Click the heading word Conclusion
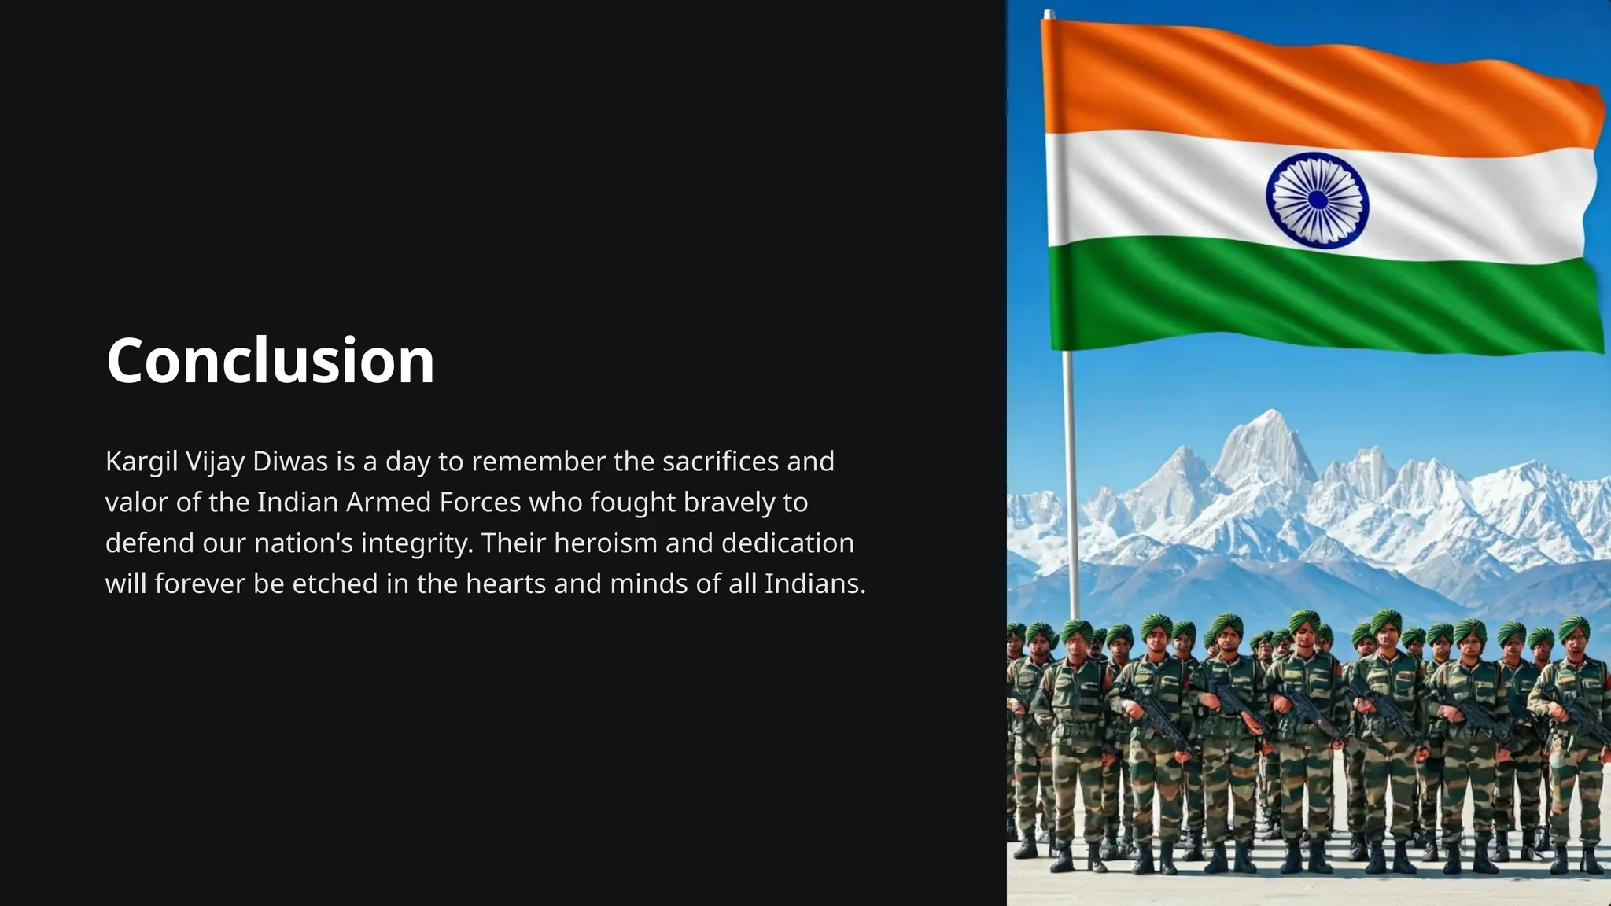(x=270, y=360)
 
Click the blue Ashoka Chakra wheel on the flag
(x=1317, y=201)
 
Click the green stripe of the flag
(x=1322, y=303)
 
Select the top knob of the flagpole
(x=1049, y=13)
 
